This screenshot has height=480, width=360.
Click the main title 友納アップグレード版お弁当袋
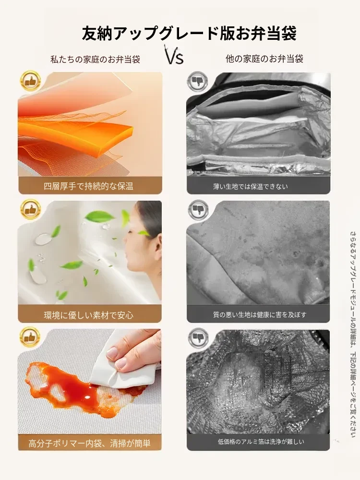tap(189, 33)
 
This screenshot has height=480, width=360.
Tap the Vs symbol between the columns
tap(175, 55)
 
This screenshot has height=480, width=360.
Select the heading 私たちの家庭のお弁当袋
tap(95, 59)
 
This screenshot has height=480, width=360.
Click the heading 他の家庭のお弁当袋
tap(264, 59)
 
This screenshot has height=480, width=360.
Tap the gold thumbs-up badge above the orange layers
tap(30, 81)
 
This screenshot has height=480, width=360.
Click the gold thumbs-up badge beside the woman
tap(30, 209)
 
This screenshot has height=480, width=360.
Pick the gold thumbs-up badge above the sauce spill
tap(30, 337)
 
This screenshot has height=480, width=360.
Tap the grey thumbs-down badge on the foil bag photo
tap(198, 82)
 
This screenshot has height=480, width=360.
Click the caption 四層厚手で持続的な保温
tap(88, 186)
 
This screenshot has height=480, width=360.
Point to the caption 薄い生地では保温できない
tap(251, 186)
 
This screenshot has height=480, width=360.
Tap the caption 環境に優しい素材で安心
tap(88, 315)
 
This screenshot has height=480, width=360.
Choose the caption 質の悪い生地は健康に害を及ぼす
tap(260, 314)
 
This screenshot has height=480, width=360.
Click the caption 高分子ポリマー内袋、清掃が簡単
tap(89, 443)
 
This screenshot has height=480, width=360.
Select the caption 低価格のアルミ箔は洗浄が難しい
tap(261, 442)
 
